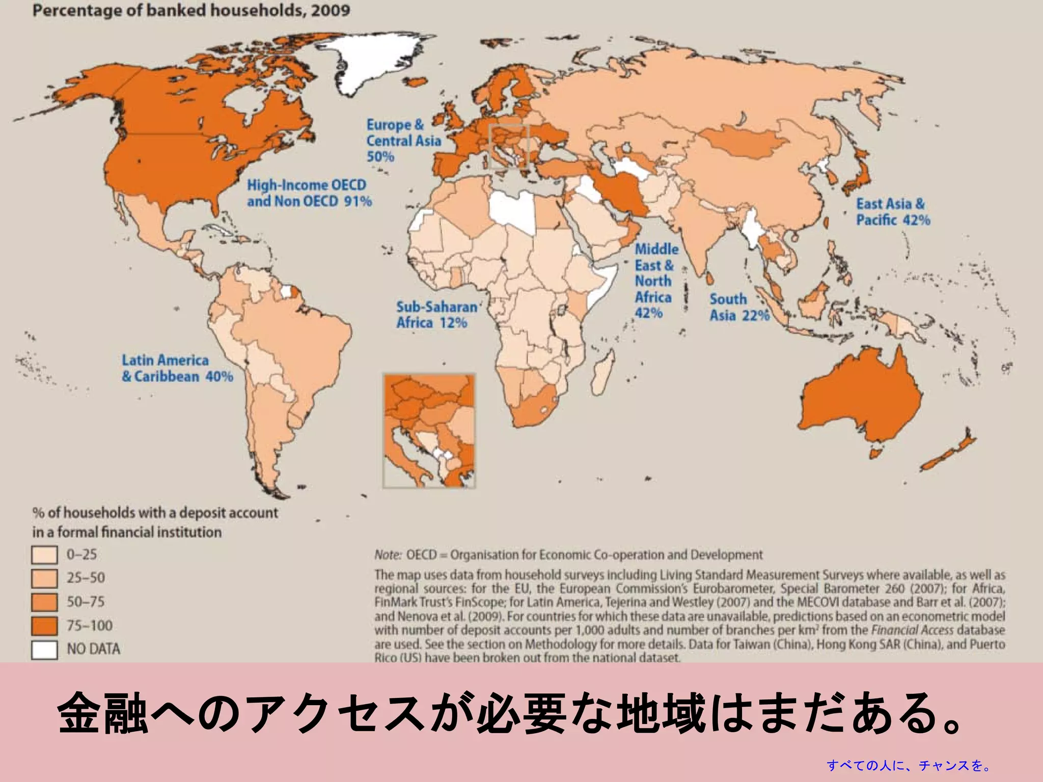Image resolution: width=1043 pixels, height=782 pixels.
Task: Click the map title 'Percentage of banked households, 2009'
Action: click(191, 11)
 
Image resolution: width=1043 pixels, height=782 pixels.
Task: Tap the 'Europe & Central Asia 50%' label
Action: click(403, 141)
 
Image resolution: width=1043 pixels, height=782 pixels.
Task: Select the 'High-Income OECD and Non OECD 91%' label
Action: click(309, 193)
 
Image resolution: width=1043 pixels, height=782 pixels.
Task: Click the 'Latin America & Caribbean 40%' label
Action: click(177, 368)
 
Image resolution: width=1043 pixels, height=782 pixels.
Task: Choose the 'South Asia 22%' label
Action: click(739, 308)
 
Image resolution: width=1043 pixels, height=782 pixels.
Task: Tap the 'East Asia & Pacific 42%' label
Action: click(893, 212)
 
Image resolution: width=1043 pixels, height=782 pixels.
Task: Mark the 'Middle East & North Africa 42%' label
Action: click(656, 281)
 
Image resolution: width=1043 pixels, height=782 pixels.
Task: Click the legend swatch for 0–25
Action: click(44, 555)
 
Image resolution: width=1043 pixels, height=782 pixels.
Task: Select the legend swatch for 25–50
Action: click(44, 578)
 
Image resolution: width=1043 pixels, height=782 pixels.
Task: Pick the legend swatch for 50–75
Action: click(44, 602)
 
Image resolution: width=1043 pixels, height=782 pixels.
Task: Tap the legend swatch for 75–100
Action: click(44, 626)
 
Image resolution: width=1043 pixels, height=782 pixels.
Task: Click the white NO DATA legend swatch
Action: click(44, 650)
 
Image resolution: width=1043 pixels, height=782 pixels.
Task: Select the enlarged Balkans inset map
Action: click(429, 431)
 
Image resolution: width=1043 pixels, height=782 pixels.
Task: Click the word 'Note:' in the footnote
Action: click(388, 554)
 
